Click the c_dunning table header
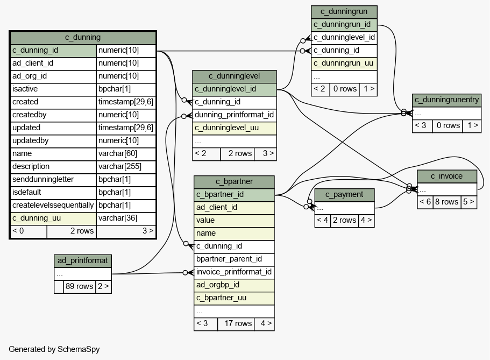coord(83,38)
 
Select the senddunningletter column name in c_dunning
coord(43,179)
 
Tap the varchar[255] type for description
coord(120,166)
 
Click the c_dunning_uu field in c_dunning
coord(37,218)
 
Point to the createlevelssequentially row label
coord(53,205)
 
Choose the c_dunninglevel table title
coord(235,76)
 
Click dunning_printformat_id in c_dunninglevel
coord(234,115)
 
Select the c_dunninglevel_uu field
coord(226,128)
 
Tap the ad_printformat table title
coord(82,261)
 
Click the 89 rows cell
coord(80,286)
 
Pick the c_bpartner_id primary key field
coord(220,195)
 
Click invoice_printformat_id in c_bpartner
coord(234,272)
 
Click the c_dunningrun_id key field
coord(342,24)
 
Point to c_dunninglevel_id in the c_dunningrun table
coord(344,38)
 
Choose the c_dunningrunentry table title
coord(446,100)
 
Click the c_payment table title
coord(344,195)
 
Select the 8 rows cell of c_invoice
coord(446,202)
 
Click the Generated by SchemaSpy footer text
coord(54,349)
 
